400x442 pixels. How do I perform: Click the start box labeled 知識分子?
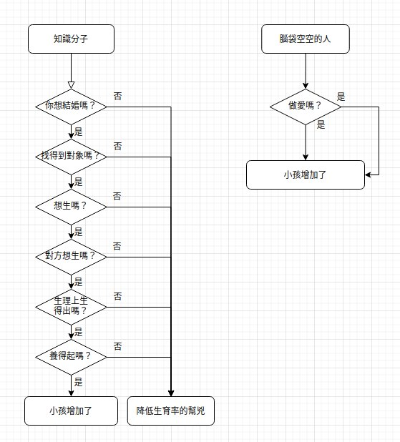(x=71, y=39)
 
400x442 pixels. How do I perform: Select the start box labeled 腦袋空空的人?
(x=306, y=39)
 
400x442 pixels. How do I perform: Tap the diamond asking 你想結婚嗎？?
(x=71, y=107)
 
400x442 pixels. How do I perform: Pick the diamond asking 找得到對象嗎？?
(x=71, y=157)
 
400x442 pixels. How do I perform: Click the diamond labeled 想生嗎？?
(x=71, y=207)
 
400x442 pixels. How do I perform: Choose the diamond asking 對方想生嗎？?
(x=71, y=257)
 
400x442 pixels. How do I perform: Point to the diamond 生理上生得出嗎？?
(x=71, y=307)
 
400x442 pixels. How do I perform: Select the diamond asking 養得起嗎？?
(x=71, y=357)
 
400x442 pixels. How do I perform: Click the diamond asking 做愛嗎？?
(x=306, y=107)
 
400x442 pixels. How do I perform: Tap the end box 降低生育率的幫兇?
(x=171, y=411)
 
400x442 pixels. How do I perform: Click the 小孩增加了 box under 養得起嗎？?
(x=71, y=411)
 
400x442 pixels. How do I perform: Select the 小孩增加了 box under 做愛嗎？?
(x=306, y=175)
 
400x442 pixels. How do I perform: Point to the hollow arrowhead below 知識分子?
(x=71, y=85)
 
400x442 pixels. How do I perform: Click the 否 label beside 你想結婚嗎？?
(x=117, y=96)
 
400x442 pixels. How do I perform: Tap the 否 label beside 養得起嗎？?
(x=117, y=346)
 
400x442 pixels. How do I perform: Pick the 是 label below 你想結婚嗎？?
(x=78, y=132)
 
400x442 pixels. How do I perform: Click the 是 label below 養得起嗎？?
(x=78, y=382)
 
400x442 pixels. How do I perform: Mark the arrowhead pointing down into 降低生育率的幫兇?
(x=171, y=393)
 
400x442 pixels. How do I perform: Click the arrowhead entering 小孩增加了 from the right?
(x=368, y=175)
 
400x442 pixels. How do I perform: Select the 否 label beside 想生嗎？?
(x=117, y=196)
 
